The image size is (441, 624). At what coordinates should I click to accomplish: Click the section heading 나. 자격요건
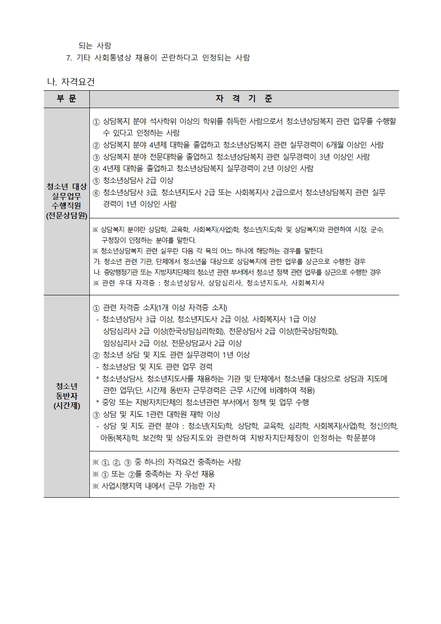tap(71, 82)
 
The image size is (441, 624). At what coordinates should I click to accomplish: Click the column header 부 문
tap(66, 99)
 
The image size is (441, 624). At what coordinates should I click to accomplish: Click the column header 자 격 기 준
tap(244, 99)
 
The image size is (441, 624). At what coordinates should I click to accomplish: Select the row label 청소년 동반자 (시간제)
tap(66, 396)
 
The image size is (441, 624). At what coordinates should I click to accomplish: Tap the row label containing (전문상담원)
tap(66, 215)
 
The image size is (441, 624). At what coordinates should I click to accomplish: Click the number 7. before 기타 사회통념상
tap(69, 57)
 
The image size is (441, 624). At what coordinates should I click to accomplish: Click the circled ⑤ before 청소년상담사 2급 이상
tap(96, 181)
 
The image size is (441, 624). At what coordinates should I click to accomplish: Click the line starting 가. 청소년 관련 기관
tap(229, 262)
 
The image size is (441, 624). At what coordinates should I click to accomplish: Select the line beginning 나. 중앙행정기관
tap(237, 272)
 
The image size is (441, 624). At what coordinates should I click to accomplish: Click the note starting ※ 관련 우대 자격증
tap(208, 283)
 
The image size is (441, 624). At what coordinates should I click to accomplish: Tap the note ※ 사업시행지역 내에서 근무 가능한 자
tap(153, 486)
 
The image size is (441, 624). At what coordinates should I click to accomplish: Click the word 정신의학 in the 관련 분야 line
tap(383, 426)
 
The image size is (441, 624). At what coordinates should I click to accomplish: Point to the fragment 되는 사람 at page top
tap(95, 45)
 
